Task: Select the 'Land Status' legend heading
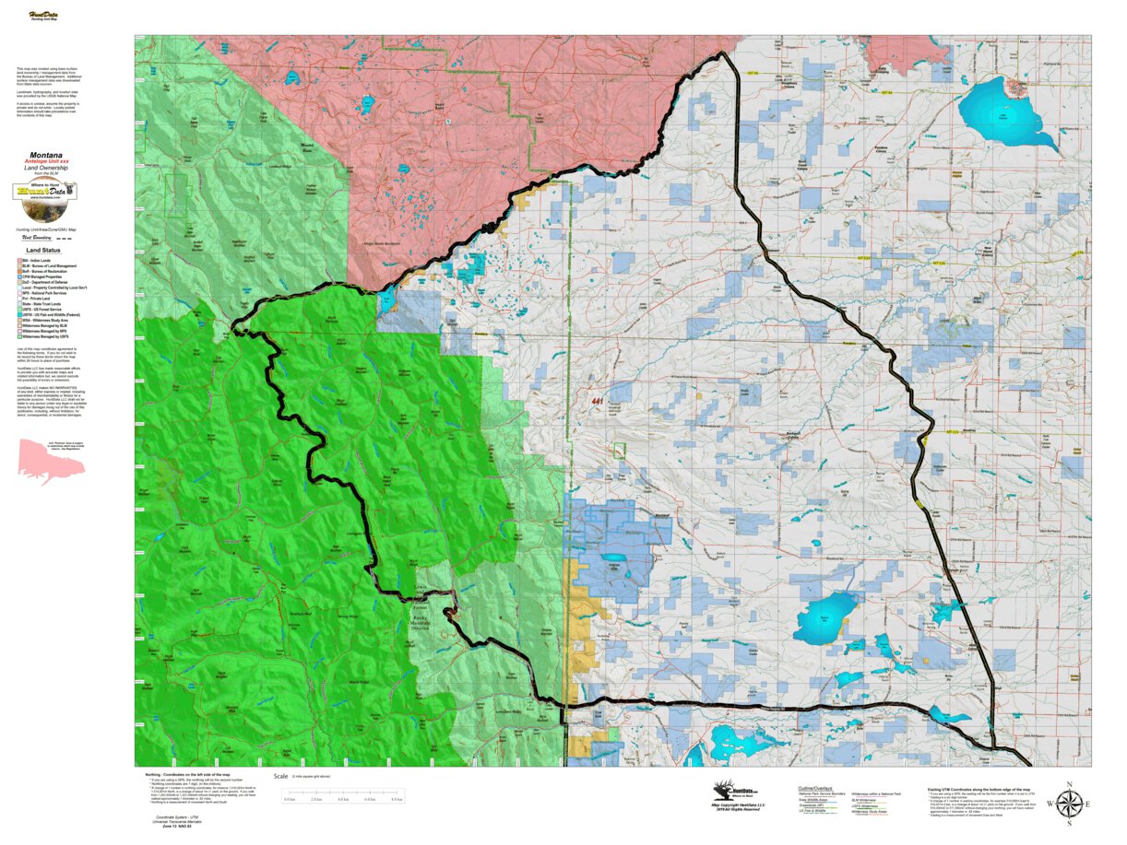[x=45, y=250]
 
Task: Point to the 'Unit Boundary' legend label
[x=36, y=237]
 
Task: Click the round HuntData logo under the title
[x=45, y=192]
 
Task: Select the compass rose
[x=1068, y=804]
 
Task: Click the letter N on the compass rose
[x=1068, y=785]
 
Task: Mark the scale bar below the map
[x=341, y=793]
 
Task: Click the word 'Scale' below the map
[x=280, y=777]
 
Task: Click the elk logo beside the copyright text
[x=728, y=791]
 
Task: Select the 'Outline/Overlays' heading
[x=814, y=789]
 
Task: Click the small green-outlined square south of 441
[x=620, y=450]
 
